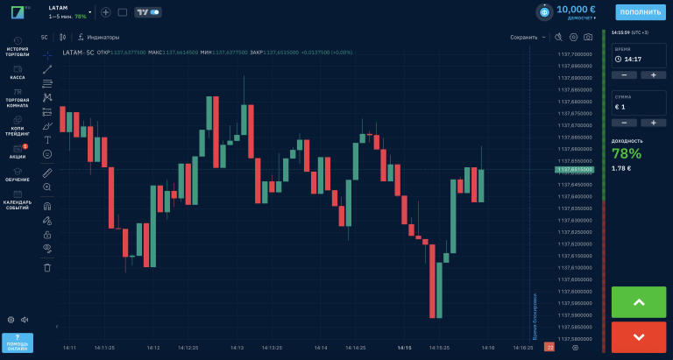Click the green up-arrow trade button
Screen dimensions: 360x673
639,302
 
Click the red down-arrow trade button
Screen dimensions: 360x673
639,336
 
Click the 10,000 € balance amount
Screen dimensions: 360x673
576,9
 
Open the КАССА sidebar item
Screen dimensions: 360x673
18,72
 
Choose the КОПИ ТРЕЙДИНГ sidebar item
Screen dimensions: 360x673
18,128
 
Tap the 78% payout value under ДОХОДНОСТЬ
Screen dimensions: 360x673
627,153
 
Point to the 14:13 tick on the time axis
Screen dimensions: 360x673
237,348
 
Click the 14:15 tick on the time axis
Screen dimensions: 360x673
404,348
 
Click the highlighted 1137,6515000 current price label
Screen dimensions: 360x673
575,171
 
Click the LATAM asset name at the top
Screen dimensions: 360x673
59,7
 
